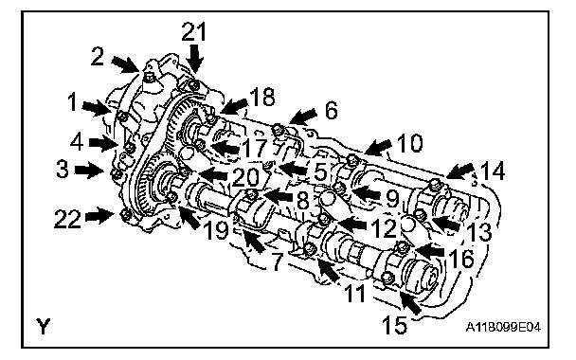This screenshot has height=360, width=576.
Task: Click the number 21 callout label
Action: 194,31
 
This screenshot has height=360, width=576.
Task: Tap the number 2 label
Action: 98,57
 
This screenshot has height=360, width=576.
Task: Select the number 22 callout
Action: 67,219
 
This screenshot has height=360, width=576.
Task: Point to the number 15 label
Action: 394,325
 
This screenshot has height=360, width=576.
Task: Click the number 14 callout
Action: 493,171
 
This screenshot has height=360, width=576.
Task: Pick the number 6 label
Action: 332,110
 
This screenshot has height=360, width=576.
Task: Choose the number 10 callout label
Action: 410,143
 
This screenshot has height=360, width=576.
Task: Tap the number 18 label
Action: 262,98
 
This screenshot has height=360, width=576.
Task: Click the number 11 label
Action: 355,293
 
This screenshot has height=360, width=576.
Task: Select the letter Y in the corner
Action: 43,326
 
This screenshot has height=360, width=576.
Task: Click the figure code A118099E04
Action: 503,327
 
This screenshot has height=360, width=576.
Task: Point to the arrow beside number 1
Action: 97,109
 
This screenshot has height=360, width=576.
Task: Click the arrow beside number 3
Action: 88,171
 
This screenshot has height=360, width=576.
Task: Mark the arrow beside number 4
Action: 102,143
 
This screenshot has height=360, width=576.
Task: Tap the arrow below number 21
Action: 196,59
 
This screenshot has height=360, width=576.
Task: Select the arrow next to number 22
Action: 99,215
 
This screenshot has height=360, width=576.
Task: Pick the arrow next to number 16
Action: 430,251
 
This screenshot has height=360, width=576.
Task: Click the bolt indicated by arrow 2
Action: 149,77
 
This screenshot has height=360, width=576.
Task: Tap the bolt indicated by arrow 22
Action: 125,214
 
